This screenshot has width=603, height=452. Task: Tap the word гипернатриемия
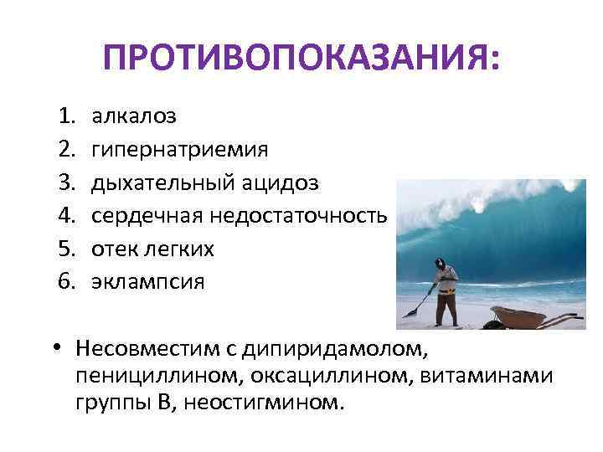click(180, 150)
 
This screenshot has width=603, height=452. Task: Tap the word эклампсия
click(147, 282)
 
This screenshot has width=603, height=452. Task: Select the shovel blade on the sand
click(410, 312)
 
